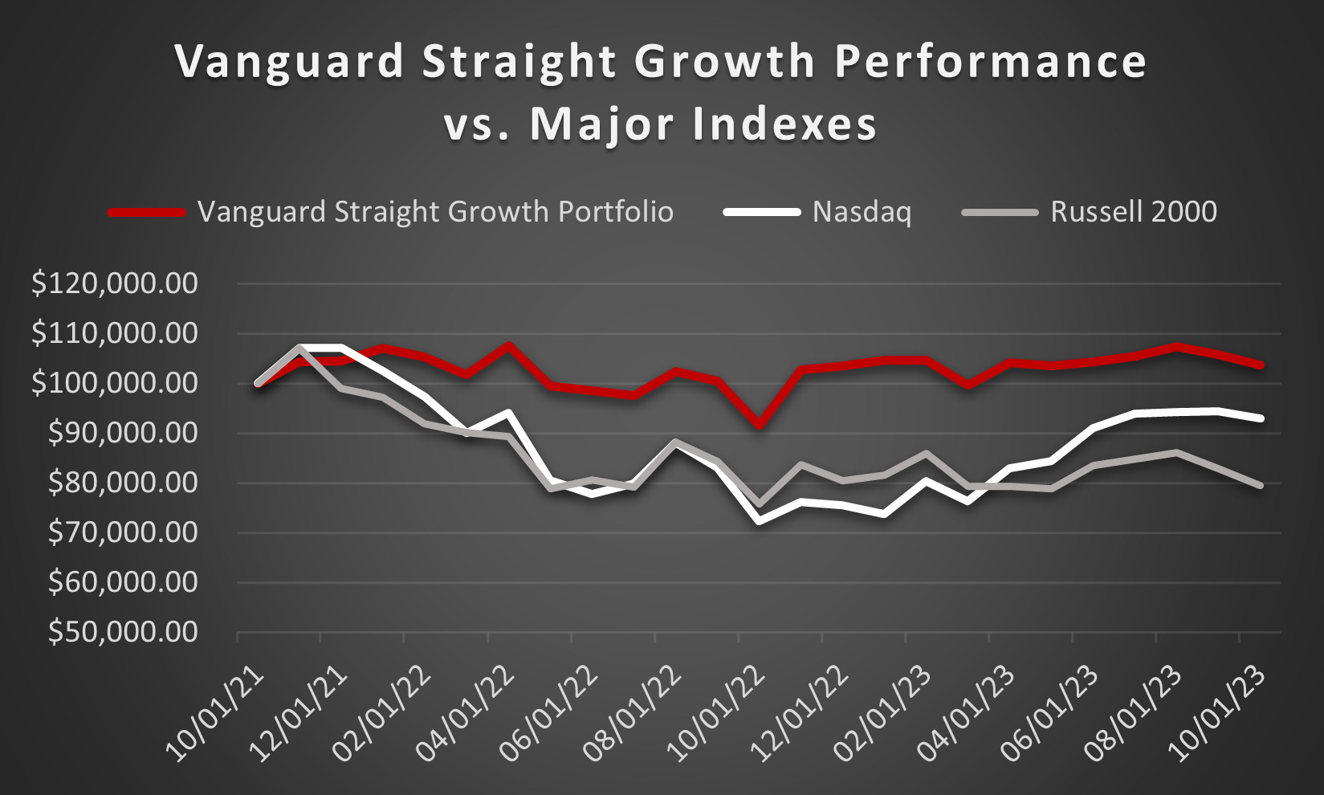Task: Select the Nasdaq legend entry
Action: coord(862,212)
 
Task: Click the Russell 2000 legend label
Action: coord(1133,212)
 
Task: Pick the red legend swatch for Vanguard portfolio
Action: coord(147,212)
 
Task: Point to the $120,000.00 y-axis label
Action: coord(115,283)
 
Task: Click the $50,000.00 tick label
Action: coord(123,633)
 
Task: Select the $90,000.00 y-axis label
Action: coord(123,434)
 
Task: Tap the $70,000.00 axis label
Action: coord(123,533)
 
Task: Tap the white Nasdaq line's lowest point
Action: coord(760,521)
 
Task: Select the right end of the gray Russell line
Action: coord(1261,485)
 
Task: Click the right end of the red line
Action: coord(1261,365)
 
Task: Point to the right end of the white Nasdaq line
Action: coord(1261,418)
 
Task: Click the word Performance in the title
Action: coord(991,63)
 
